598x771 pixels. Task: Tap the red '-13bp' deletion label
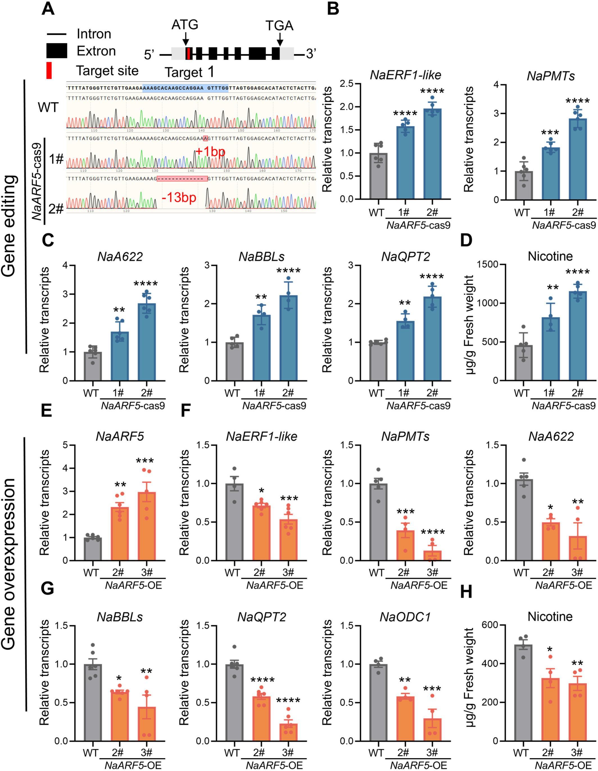(179, 197)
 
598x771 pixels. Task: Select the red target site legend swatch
(49, 70)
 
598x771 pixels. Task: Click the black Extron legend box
(56, 51)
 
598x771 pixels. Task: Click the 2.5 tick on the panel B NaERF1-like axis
(348, 84)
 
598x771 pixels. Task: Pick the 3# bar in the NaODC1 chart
(432, 728)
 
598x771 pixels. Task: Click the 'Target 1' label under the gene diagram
(189, 72)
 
